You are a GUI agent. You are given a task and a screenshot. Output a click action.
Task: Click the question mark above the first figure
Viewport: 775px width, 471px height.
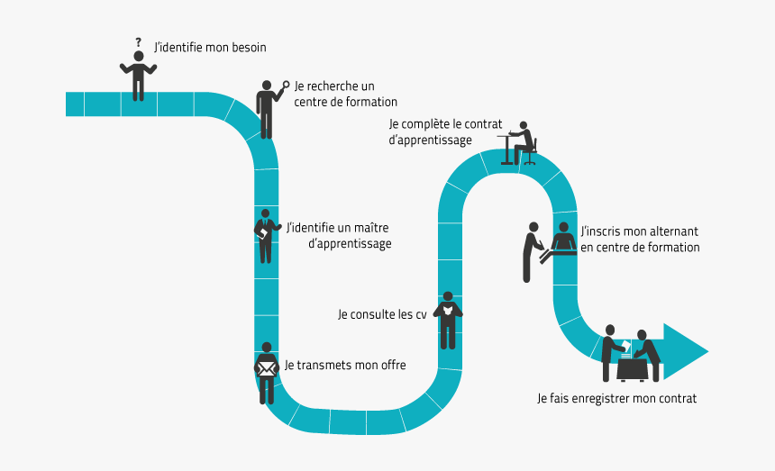coord(138,41)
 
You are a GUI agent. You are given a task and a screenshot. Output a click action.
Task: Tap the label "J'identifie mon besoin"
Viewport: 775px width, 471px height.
coord(210,47)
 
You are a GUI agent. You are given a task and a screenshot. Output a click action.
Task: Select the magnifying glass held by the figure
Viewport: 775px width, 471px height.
coord(287,86)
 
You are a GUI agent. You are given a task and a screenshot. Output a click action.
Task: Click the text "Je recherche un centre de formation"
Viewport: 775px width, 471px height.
coord(345,94)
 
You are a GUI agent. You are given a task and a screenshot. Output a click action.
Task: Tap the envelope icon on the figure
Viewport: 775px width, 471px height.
coord(266,368)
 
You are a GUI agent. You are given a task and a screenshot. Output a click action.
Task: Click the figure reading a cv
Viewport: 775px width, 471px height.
coord(448,319)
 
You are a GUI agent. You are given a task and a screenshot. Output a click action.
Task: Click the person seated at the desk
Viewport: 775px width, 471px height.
coord(524,142)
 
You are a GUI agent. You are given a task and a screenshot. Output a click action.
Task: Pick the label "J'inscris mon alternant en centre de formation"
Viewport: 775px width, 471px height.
coord(640,239)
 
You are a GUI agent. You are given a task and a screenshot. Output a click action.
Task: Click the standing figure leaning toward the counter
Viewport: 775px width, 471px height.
coord(531,251)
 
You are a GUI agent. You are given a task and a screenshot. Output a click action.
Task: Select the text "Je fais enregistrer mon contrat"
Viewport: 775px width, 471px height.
coord(616,397)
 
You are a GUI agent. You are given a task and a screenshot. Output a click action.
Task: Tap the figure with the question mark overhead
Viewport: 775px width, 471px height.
coord(138,76)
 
